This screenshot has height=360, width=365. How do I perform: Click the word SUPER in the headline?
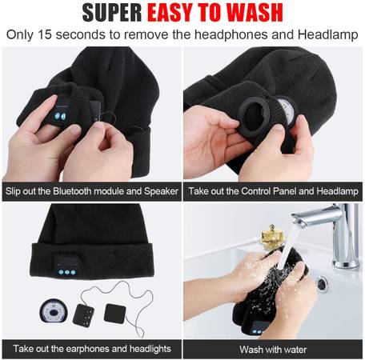[112, 13]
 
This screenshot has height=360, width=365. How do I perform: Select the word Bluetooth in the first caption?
[72, 191]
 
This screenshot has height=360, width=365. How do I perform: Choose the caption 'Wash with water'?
[273, 350]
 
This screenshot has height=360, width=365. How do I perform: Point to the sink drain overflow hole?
[323, 284]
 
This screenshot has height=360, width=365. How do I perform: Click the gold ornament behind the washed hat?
[271, 237]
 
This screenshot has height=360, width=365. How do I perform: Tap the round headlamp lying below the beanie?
[53, 311]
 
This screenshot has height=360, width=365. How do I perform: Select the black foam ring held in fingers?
[253, 117]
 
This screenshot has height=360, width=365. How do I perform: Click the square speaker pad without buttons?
[114, 313]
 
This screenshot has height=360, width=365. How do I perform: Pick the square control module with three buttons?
[83, 315]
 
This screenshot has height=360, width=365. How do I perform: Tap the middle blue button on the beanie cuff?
[67, 272]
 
